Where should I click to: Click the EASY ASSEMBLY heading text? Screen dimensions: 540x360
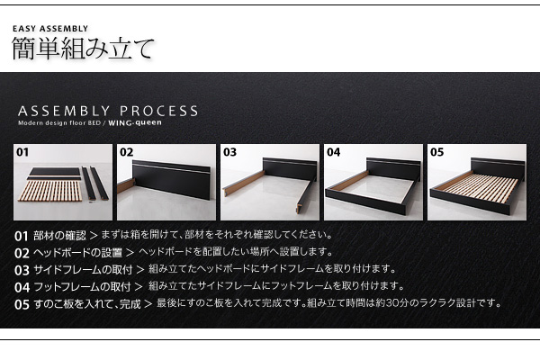[x=50, y=29]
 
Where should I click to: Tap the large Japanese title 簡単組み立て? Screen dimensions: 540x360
[x=83, y=49]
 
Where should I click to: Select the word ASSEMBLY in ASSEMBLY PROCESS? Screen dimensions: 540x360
[x=64, y=112]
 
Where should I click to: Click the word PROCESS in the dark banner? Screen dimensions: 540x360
[x=158, y=112]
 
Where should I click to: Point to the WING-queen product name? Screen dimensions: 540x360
[x=135, y=123]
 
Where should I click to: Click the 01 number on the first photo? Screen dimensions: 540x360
[x=22, y=152]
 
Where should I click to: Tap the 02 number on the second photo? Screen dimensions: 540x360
[x=126, y=152]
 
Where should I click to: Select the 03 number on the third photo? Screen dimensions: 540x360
[x=229, y=152]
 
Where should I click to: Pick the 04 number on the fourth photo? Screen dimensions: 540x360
[x=333, y=152]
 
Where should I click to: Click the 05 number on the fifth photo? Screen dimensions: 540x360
[x=437, y=152]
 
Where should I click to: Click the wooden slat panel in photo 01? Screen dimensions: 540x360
[x=50, y=191]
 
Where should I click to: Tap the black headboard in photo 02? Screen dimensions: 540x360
[x=171, y=179]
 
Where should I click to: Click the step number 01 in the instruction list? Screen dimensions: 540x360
[x=22, y=237]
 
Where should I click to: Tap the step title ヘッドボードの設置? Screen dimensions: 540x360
[x=77, y=253]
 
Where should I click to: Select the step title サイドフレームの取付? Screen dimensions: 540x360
[x=83, y=270]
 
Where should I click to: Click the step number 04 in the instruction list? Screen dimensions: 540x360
[x=22, y=287]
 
